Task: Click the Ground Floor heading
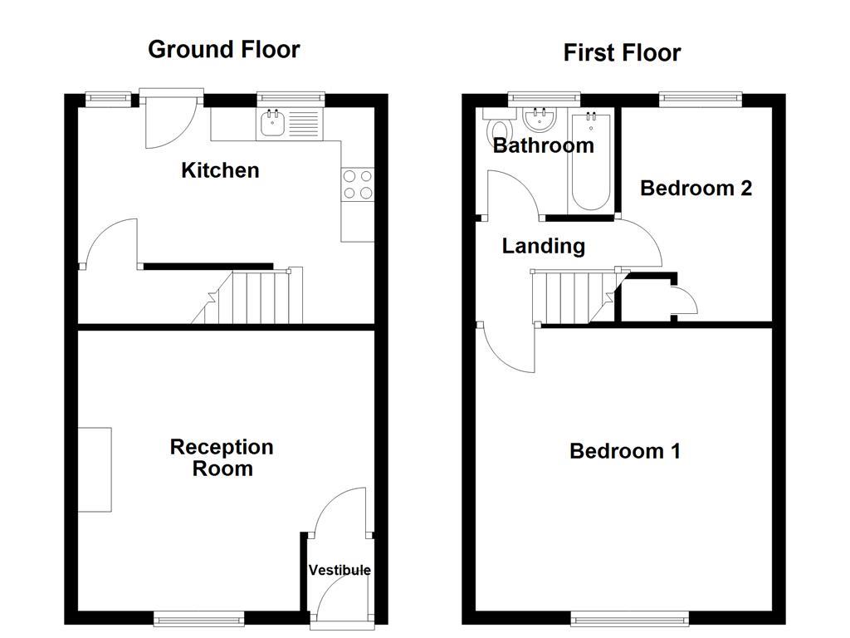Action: coord(223,49)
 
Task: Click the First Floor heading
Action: coord(622,52)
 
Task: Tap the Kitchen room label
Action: coord(220,170)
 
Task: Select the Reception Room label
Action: coord(222,458)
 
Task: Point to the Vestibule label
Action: coord(340,570)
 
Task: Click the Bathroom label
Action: coord(543,145)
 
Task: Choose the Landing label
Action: coord(543,246)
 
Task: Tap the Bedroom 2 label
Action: coord(696,188)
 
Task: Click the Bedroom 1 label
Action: coord(624,451)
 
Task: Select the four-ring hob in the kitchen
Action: coord(357,184)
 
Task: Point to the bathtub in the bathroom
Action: coord(590,161)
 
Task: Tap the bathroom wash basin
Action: coord(540,120)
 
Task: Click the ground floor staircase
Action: coord(253,297)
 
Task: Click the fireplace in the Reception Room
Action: coord(95,469)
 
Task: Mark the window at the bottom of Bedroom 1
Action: coord(628,618)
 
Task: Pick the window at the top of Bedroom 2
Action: coord(700,99)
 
